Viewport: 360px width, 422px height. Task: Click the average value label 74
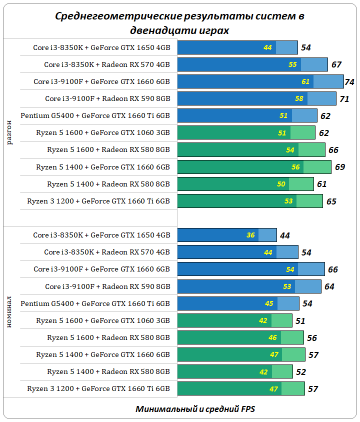pos(349,82)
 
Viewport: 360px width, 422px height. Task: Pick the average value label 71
pos(344,99)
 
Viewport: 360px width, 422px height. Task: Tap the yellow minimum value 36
pos(251,235)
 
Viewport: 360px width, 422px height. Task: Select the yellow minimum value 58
pos(299,99)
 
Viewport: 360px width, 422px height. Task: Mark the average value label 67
pos(336,65)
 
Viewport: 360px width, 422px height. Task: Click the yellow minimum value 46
pos(272,338)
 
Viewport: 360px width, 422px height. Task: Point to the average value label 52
pos(301,372)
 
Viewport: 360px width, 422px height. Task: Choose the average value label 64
pos(329,287)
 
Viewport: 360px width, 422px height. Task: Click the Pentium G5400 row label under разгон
pos(95,116)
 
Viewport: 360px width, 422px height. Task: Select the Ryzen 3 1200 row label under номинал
pos(98,388)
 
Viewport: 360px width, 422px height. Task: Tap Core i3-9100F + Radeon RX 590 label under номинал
pos(107,286)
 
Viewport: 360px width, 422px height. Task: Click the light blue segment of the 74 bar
pos(328,81)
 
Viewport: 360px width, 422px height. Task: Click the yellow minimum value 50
pos(281,184)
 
